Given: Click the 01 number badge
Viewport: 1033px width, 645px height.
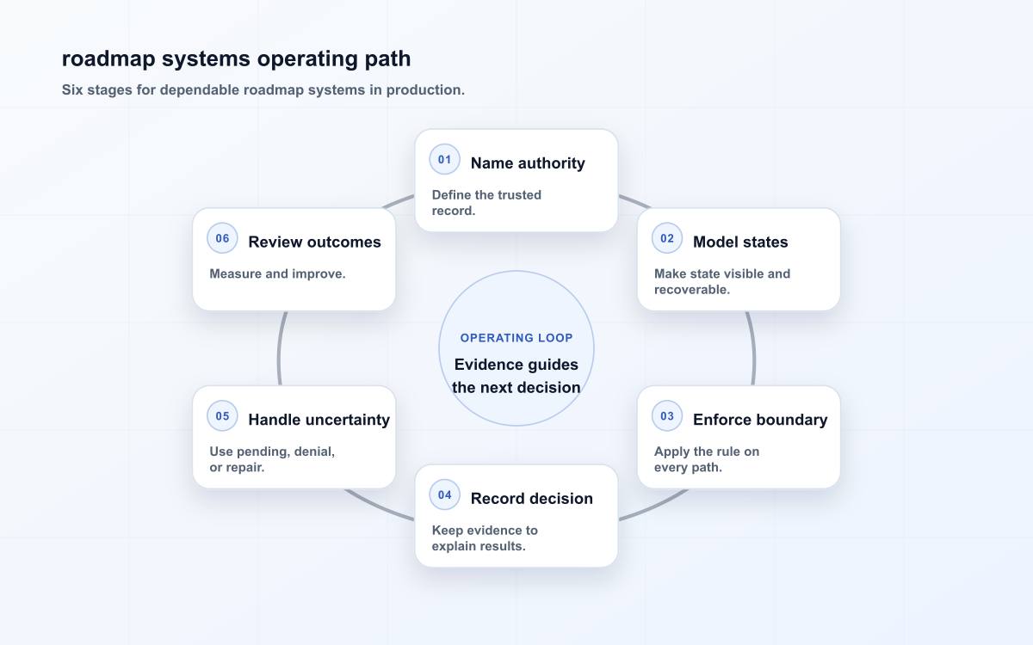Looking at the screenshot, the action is pos(444,159).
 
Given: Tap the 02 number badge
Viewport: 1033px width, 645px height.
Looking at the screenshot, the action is pos(667,238).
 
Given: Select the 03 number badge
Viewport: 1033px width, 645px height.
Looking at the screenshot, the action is pos(667,416).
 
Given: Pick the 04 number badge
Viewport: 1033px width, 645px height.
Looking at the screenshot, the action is pos(444,494).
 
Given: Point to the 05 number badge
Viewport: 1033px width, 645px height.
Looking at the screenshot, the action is pos(222,416).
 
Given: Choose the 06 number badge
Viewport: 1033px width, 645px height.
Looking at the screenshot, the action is pos(222,238).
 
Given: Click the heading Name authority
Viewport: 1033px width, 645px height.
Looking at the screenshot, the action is pos(528,163).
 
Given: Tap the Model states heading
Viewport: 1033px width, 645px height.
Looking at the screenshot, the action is pos(740,242).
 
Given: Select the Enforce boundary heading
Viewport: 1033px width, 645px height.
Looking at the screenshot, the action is pos(760,420).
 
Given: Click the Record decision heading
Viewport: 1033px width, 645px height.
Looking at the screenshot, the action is pos(532,499).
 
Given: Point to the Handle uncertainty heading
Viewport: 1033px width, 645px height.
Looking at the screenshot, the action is pos(319,420).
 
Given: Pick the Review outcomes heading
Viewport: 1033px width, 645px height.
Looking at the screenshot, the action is pos(314,242).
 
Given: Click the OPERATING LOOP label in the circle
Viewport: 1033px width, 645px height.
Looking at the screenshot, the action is pos(516,338).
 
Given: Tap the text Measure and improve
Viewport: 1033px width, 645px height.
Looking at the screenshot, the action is pos(277,273).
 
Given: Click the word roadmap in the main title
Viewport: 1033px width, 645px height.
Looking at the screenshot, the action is pos(108,59).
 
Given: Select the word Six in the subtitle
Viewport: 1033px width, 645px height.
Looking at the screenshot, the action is pos(72,89).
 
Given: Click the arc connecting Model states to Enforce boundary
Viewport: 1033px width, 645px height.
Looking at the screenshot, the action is pos(752,348).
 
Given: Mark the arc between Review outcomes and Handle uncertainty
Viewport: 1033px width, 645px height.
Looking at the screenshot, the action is pos(280,348).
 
